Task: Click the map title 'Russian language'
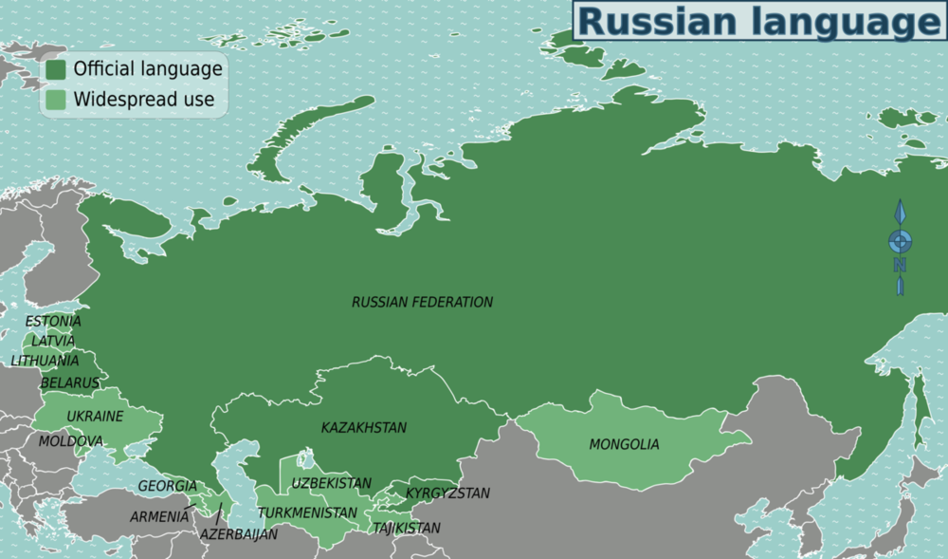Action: (x=759, y=21)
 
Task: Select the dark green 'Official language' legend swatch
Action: (x=56, y=69)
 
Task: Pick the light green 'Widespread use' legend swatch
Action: (x=56, y=99)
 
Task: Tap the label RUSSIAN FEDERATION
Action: (x=422, y=302)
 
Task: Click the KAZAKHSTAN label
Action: (x=364, y=428)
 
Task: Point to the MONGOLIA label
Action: (x=624, y=444)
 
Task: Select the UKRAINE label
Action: (x=95, y=417)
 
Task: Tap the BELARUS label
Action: (x=69, y=382)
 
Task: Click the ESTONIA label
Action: (x=53, y=321)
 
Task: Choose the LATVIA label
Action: (x=53, y=340)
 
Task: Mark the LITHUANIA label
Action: (x=46, y=361)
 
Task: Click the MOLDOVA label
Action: (x=70, y=441)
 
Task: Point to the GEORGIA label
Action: (x=168, y=486)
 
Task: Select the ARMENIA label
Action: (x=159, y=517)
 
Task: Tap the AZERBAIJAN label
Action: (x=239, y=534)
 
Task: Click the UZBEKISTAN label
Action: (x=332, y=483)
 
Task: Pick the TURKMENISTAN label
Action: (x=308, y=512)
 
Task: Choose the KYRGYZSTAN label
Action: (x=447, y=493)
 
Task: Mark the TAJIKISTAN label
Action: (x=406, y=528)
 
